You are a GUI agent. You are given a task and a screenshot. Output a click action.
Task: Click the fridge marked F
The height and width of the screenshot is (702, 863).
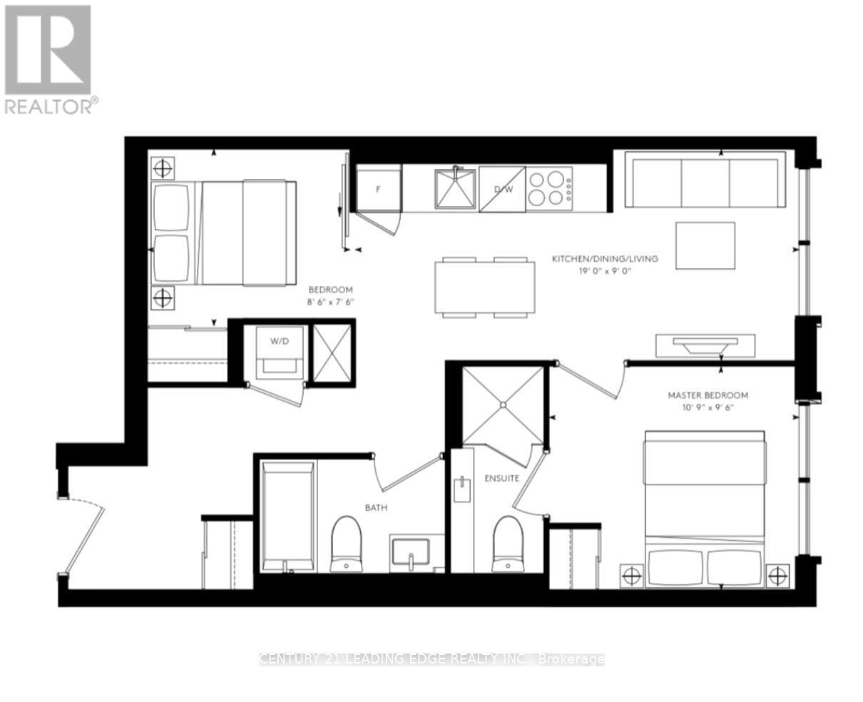coord(379,188)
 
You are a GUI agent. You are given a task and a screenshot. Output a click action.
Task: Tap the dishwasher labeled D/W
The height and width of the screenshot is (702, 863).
coord(502,189)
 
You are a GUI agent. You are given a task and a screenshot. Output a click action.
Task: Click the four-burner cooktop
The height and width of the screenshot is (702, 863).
coord(550,188)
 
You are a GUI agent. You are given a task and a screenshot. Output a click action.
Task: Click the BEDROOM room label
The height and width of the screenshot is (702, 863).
coord(330,290)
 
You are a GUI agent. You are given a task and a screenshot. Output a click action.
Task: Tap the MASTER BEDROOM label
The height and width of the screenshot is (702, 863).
coord(708,395)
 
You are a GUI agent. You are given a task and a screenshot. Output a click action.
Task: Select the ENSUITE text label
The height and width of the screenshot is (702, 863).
coord(502,478)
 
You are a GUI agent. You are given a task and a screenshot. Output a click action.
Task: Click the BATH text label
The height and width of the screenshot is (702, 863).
coord(376,508)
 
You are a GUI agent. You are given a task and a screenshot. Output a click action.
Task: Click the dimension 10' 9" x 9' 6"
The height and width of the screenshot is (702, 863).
coord(708,408)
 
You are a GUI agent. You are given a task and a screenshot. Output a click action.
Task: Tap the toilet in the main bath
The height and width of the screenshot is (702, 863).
coord(347,544)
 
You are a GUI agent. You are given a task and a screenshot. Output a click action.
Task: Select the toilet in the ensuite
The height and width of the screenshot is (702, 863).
coord(507,544)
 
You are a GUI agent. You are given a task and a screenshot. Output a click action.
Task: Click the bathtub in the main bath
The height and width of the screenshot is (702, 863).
coord(287,517)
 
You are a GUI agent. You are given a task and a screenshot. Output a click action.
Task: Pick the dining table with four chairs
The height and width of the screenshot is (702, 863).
coord(485,287)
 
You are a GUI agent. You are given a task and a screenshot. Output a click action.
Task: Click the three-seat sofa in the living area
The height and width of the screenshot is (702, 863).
coord(705,180)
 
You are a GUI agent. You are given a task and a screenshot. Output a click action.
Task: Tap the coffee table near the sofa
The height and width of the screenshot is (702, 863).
coord(705,245)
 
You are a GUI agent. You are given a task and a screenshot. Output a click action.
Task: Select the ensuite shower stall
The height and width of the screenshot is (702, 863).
coord(503,405)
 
